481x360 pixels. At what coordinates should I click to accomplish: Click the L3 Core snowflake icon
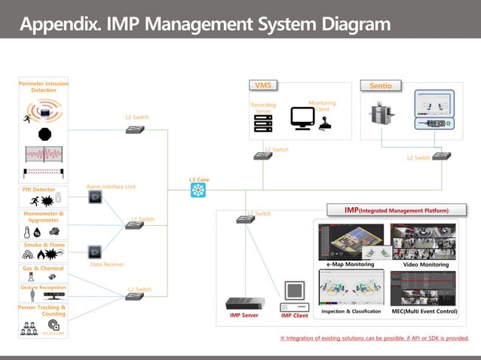(198, 191)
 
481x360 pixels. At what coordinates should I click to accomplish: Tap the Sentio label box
(381, 86)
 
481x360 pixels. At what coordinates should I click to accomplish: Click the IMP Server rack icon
(244, 304)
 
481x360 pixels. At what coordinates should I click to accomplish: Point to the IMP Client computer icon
(294, 297)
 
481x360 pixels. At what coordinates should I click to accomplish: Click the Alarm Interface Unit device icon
(95, 197)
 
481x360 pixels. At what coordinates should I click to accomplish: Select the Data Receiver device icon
(95, 252)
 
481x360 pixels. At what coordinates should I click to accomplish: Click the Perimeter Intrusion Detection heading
(43, 87)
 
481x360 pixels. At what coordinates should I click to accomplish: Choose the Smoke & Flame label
(43, 245)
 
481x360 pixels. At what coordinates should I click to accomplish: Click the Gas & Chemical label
(43, 268)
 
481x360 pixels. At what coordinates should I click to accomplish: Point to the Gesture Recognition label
(43, 288)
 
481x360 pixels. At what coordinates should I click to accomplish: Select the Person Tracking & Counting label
(43, 310)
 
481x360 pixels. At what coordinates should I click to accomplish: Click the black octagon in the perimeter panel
(44, 134)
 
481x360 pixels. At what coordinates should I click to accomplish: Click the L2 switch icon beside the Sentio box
(442, 155)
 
